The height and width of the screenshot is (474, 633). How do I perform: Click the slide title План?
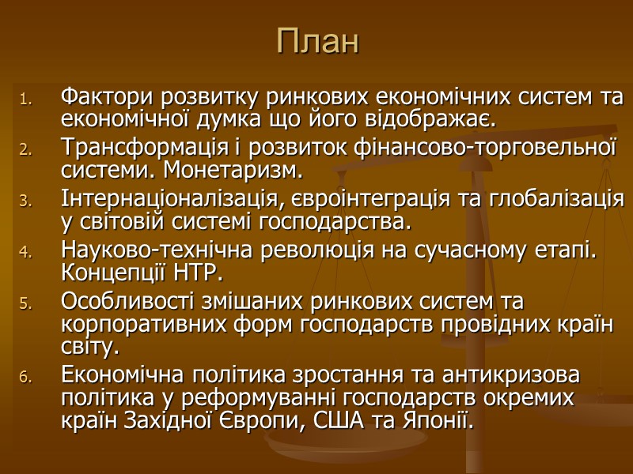tap(317, 43)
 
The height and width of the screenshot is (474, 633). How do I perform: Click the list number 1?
tap(25, 100)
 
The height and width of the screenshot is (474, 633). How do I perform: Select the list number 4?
tap(25, 253)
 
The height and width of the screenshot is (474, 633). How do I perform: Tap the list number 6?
tap(25, 378)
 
